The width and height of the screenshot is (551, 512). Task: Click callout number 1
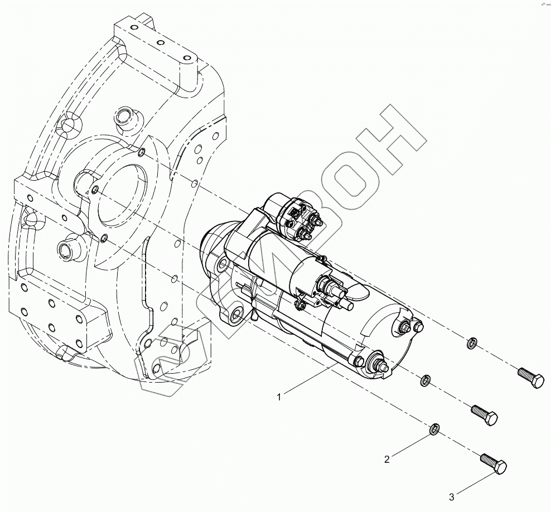pyautogui.click(x=279, y=397)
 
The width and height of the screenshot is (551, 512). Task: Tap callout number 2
pyautogui.click(x=387, y=460)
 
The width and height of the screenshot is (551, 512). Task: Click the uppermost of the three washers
pyautogui.click(x=471, y=341)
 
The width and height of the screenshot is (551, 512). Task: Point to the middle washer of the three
pyautogui.click(x=425, y=380)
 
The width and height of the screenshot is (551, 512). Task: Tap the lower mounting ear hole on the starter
pyautogui.click(x=236, y=313)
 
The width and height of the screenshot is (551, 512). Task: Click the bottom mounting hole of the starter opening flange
pyautogui.click(x=104, y=239)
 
